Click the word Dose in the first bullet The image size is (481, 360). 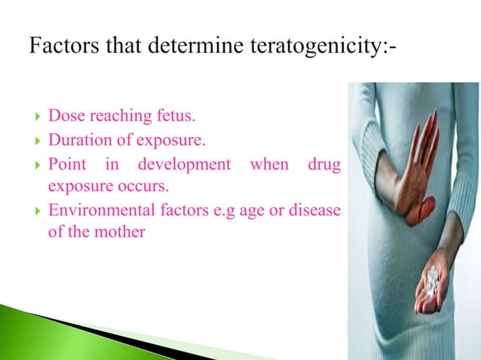pyautogui.click(x=65, y=117)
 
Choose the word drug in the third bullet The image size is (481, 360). pyautogui.click(x=323, y=163)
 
